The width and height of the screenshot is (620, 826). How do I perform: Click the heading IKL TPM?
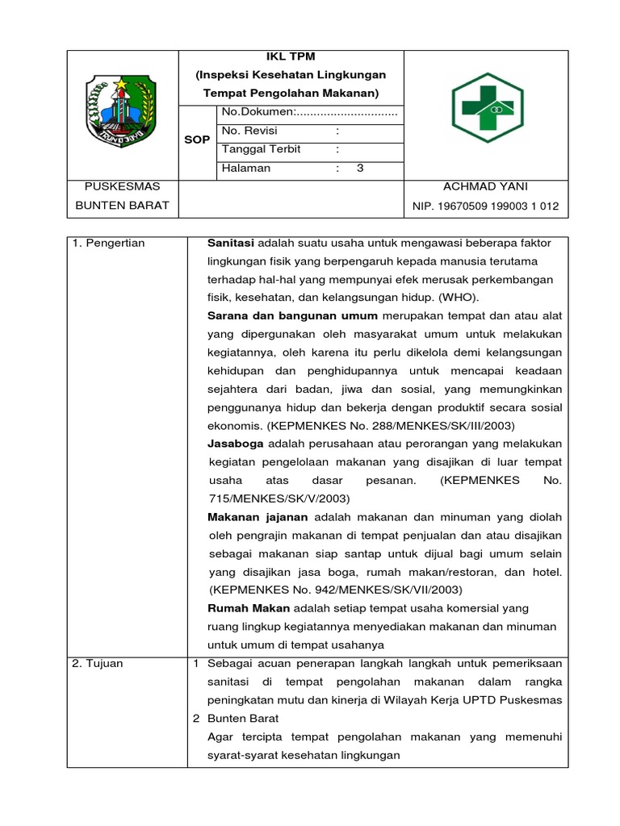click(x=291, y=56)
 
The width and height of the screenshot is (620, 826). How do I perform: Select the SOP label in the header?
click(x=197, y=140)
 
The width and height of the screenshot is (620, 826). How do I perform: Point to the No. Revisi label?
click(x=249, y=131)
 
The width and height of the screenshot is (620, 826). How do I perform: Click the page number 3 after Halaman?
click(x=360, y=169)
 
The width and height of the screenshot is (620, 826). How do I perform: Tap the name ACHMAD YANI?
click(x=485, y=186)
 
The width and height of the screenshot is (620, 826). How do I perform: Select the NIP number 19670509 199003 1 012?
click(x=485, y=206)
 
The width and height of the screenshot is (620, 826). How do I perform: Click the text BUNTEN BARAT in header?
click(x=122, y=205)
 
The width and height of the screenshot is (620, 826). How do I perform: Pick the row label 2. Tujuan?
click(x=98, y=663)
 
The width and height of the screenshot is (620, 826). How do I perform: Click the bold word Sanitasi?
click(x=231, y=243)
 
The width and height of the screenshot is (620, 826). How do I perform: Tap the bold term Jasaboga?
click(x=236, y=444)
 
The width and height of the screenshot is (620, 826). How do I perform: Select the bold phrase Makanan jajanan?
click(x=258, y=517)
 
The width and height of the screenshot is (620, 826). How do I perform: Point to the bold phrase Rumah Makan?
click(x=249, y=608)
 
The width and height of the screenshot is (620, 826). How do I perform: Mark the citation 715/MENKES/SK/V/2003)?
click(x=267, y=499)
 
